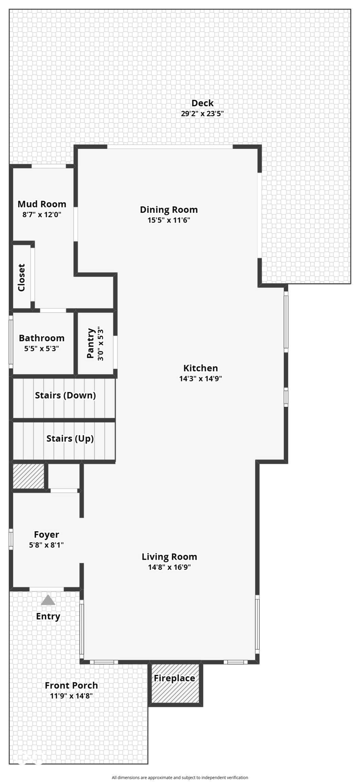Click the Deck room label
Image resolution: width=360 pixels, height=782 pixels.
click(x=202, y=103)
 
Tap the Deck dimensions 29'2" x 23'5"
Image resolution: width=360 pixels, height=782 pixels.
click(x=202, y=114)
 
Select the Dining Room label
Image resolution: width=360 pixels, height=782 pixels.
click(x=169, y=210)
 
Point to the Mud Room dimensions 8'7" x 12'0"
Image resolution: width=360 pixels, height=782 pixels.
click(x=42, y=215)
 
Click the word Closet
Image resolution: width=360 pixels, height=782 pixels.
click(x=21, y=278)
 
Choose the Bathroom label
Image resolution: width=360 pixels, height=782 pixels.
click(x=41, y=338)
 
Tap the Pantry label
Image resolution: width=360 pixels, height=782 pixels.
click(x=90, y=343)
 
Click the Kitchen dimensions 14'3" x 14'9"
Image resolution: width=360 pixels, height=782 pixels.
click(x=201, y=379)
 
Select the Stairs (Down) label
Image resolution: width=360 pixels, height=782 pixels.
click(x=65, y=395)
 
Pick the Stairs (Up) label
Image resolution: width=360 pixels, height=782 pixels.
click(x=70, y=439)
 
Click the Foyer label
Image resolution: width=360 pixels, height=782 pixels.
click(x=47, y=535)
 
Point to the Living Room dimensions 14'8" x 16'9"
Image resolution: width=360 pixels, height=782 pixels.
click(x=169, y=567)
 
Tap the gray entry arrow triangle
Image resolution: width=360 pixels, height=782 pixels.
click(x=48, y=600)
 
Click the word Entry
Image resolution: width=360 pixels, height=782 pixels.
click(x=48, y=616)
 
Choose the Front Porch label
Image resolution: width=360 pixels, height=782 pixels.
click(x=71, y=686)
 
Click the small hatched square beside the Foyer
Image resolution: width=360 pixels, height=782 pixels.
click(x=29, y=476)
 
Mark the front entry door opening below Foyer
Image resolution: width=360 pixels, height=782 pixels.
click(x=47, y=589)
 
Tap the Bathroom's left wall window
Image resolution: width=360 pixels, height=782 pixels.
click(x=11, y=342)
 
